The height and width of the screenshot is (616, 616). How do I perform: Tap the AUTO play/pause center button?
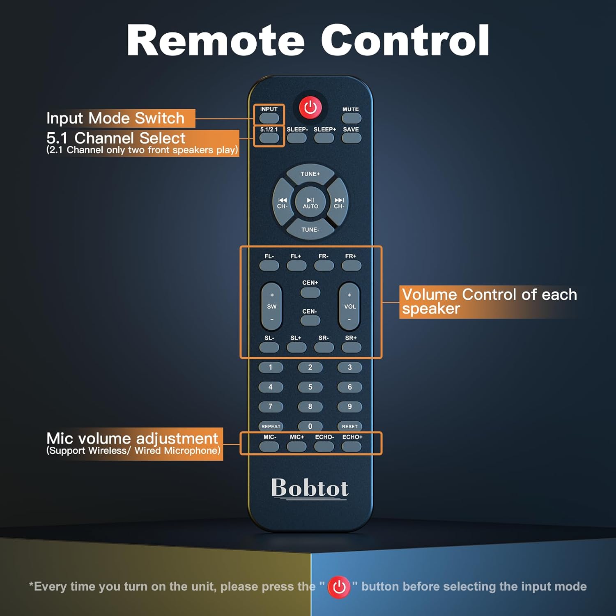pos(310,202)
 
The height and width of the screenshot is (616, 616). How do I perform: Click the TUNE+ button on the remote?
pos(310,174)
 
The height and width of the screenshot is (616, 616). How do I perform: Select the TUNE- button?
pos(310,230)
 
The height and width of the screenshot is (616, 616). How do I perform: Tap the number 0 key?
pos(310,426)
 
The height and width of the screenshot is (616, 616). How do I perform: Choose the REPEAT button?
pos(271,426)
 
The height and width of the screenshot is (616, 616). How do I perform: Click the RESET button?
pos(349,426)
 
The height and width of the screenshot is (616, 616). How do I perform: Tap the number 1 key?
pos(270,367)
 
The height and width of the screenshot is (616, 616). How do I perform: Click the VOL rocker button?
pos(349,306)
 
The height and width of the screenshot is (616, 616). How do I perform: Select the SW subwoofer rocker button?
pos(271,306)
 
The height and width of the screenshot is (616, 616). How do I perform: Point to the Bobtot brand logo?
pos(310,488)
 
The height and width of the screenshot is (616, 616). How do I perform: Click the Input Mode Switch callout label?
pos(115,118)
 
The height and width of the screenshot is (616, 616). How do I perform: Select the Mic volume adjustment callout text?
pos(132,439)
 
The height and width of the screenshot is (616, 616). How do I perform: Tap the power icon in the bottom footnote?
pos(339,587)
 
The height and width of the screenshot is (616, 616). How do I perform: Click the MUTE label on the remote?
pos(350,109)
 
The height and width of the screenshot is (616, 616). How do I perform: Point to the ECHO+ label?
pos(352,437)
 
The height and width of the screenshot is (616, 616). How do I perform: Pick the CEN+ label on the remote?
pos(310,283)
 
